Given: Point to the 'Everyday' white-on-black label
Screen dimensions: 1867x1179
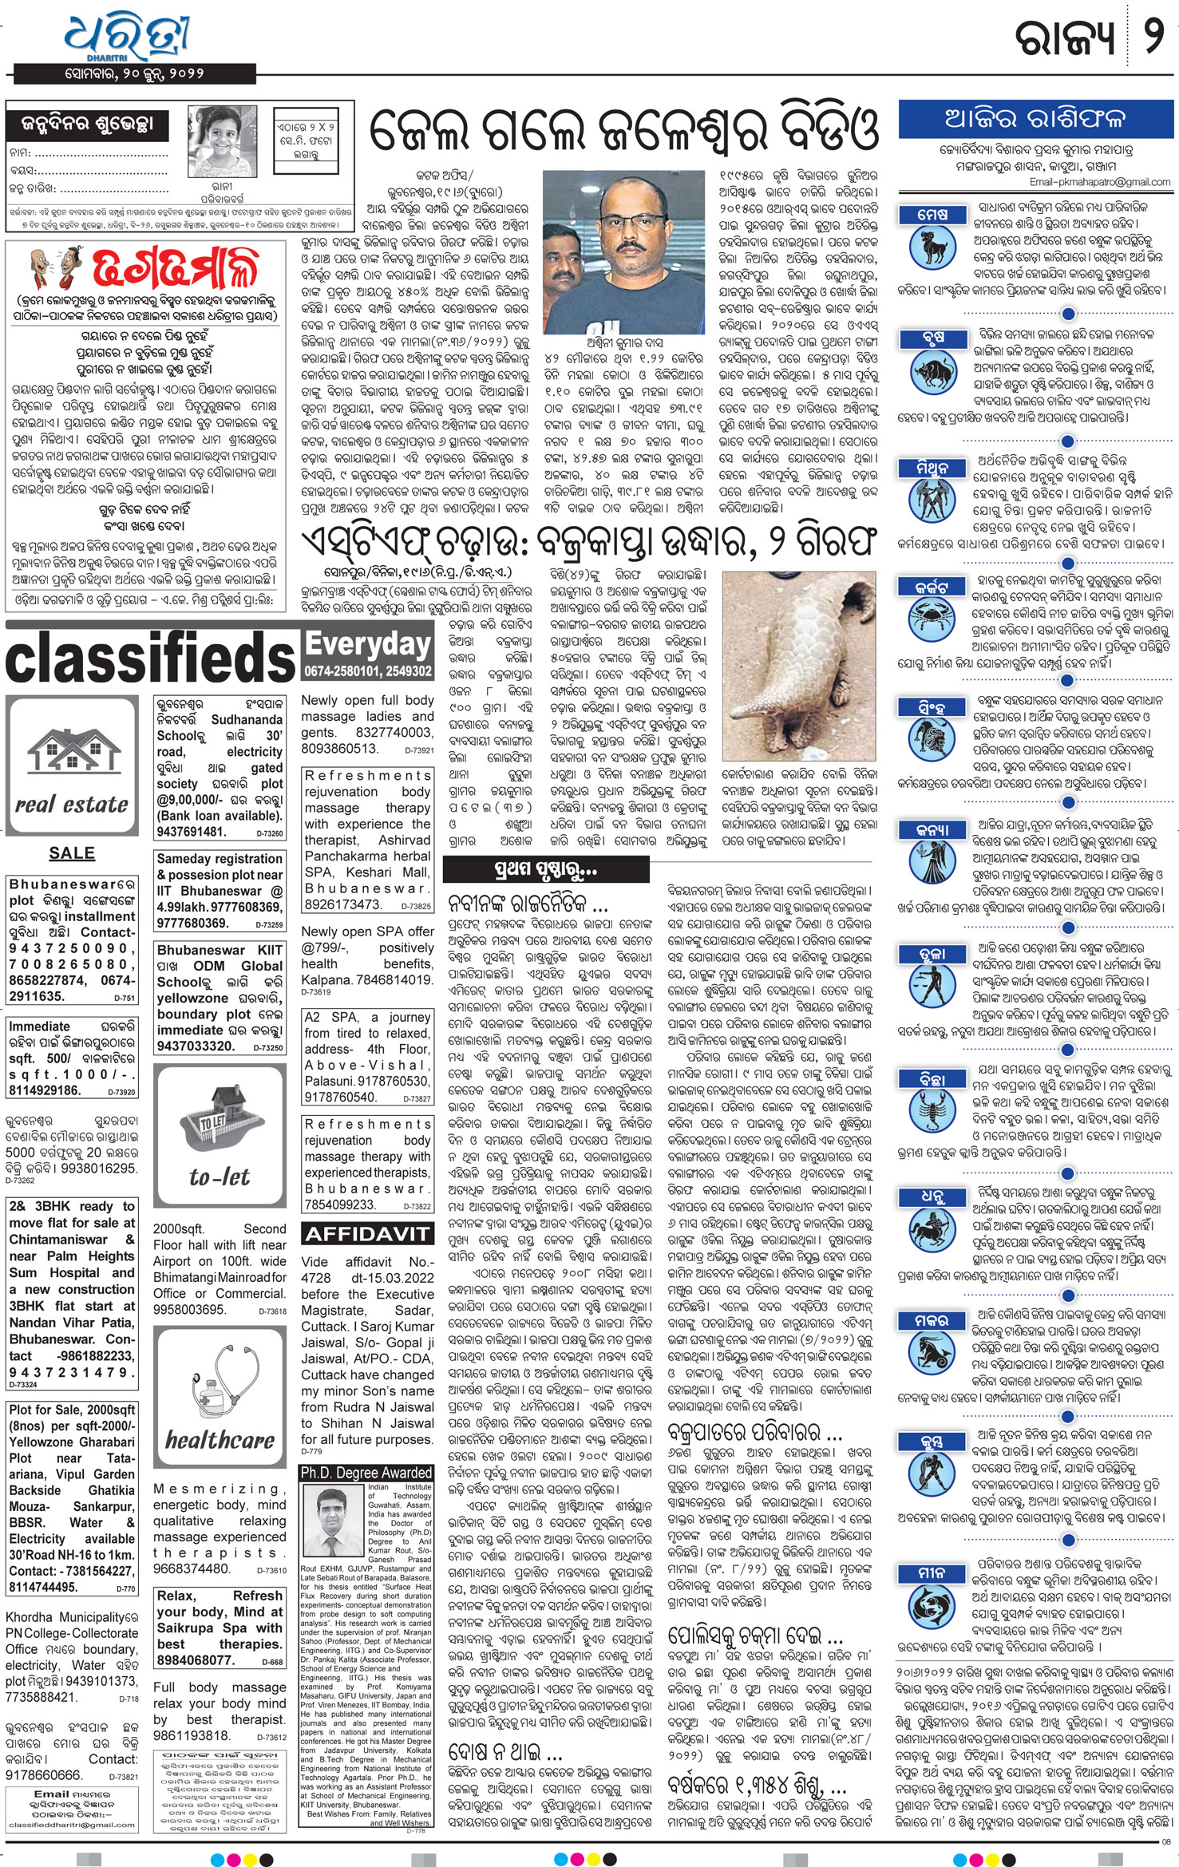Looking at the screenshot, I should pyautogui.click(x=368, y=644).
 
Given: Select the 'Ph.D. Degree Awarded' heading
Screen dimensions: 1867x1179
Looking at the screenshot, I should pyautogui.click(x=366, y=1473).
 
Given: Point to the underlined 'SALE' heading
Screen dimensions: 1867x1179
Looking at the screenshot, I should pyautogui.click(x=71, y=852).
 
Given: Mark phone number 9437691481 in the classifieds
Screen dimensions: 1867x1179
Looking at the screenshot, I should pyautogui.click(x=192, y=832).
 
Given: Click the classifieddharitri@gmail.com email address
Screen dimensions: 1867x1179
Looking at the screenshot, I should pyautogui.click(x=70, y=1825).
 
